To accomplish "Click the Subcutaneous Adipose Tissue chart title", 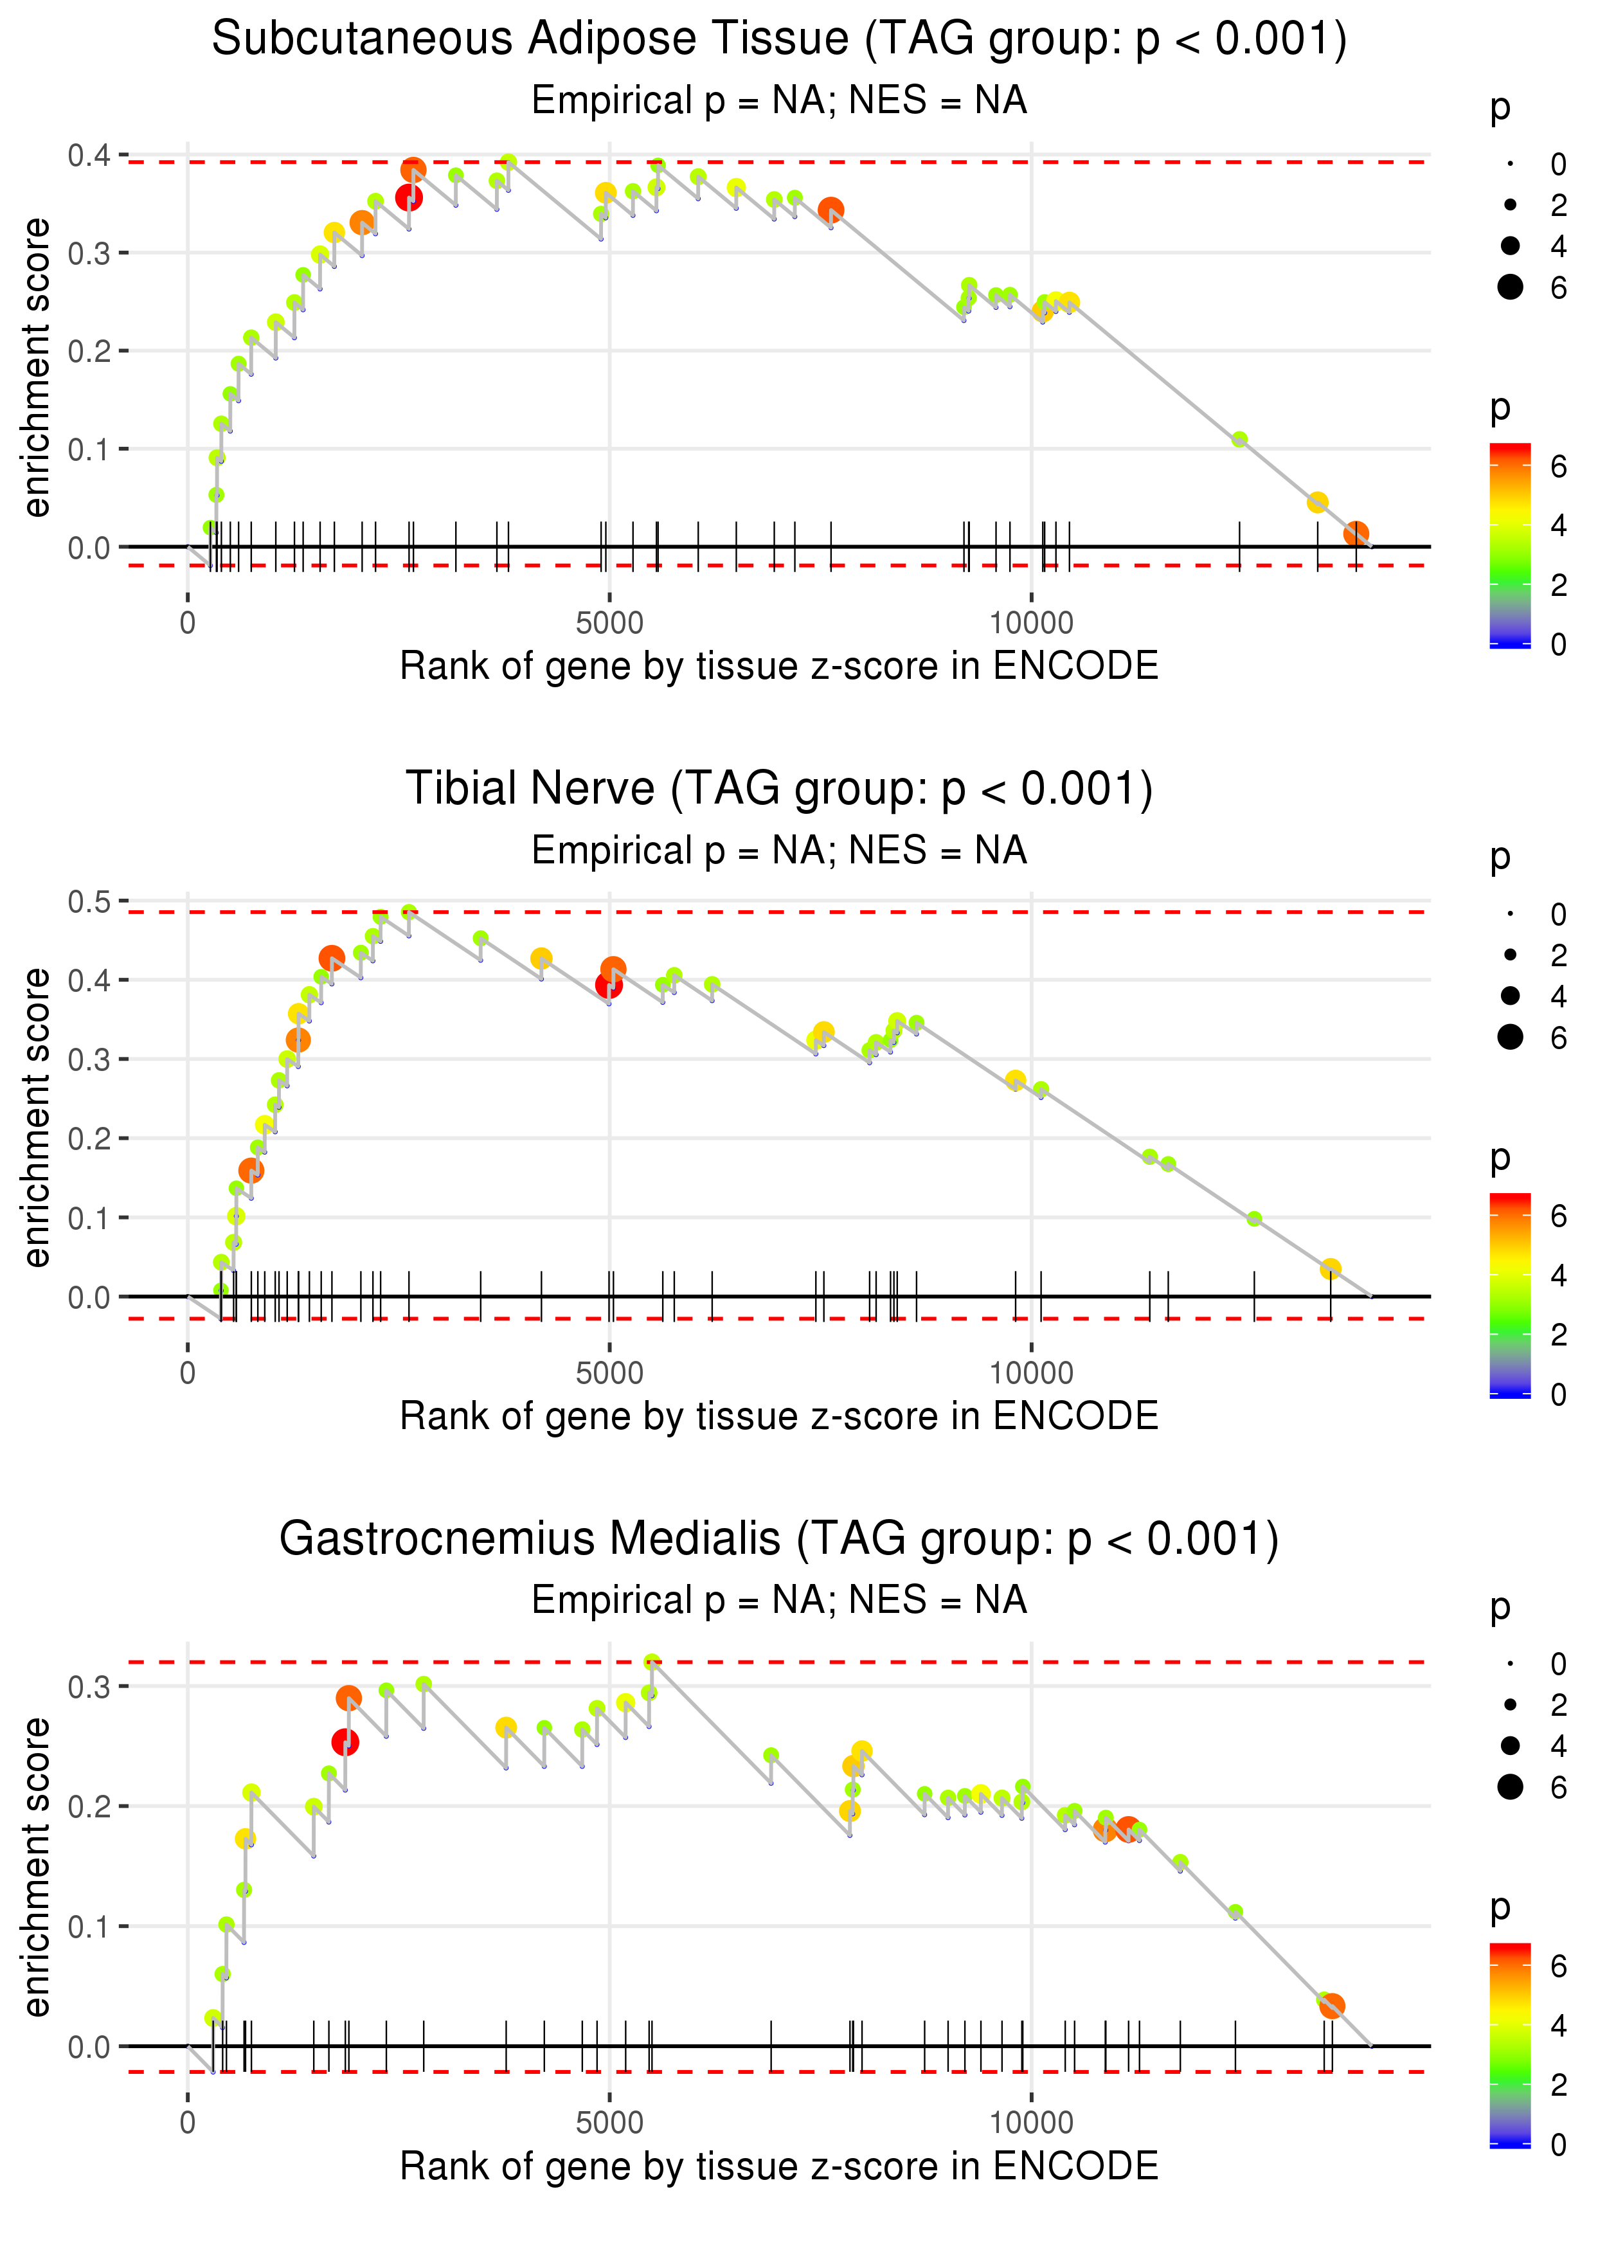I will (779, 40).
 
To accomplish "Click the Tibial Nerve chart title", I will (779, 789).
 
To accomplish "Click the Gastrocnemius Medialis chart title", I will (779, 1540).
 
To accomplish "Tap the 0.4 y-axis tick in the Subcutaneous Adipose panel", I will (89, 156).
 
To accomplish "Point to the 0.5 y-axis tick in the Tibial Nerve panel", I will (89, 901).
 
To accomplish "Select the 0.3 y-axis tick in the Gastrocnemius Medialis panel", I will (89, 1687).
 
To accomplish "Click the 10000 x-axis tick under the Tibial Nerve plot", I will (1031, 1373).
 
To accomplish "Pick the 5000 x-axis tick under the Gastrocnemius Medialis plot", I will (609, 2123).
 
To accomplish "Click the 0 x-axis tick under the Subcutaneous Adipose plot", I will (188, 624).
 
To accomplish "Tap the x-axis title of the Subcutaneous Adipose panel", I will (779, 667).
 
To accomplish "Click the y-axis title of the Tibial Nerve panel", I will (37, 1117).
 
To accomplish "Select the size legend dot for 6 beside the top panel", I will (1510, 287).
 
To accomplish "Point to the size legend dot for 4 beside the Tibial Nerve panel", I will (1510, 995).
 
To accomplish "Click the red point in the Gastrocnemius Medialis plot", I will (345, 1742).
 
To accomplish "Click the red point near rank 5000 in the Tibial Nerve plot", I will (609, 984).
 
